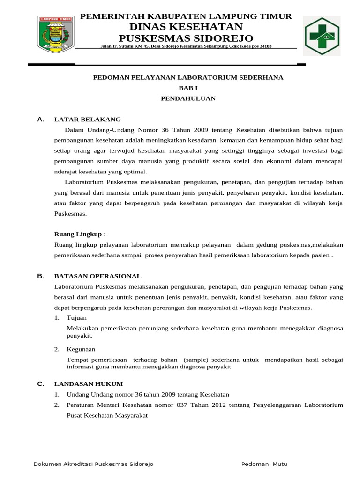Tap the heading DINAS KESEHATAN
click(186, 27)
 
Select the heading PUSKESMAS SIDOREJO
click(186, 37)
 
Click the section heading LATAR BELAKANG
click(88, 120)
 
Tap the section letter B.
click(40, 276)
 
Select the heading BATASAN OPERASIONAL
click(97, 276)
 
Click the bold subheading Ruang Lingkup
click(80, 234)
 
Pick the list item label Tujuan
click(77, 318)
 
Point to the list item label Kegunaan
click(81, 349)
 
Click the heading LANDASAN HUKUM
click(89, 384)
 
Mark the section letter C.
click(40, 384)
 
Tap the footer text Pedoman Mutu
click(264, 464)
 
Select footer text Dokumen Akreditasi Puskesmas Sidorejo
click(93, 464)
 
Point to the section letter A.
click(40, 120)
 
